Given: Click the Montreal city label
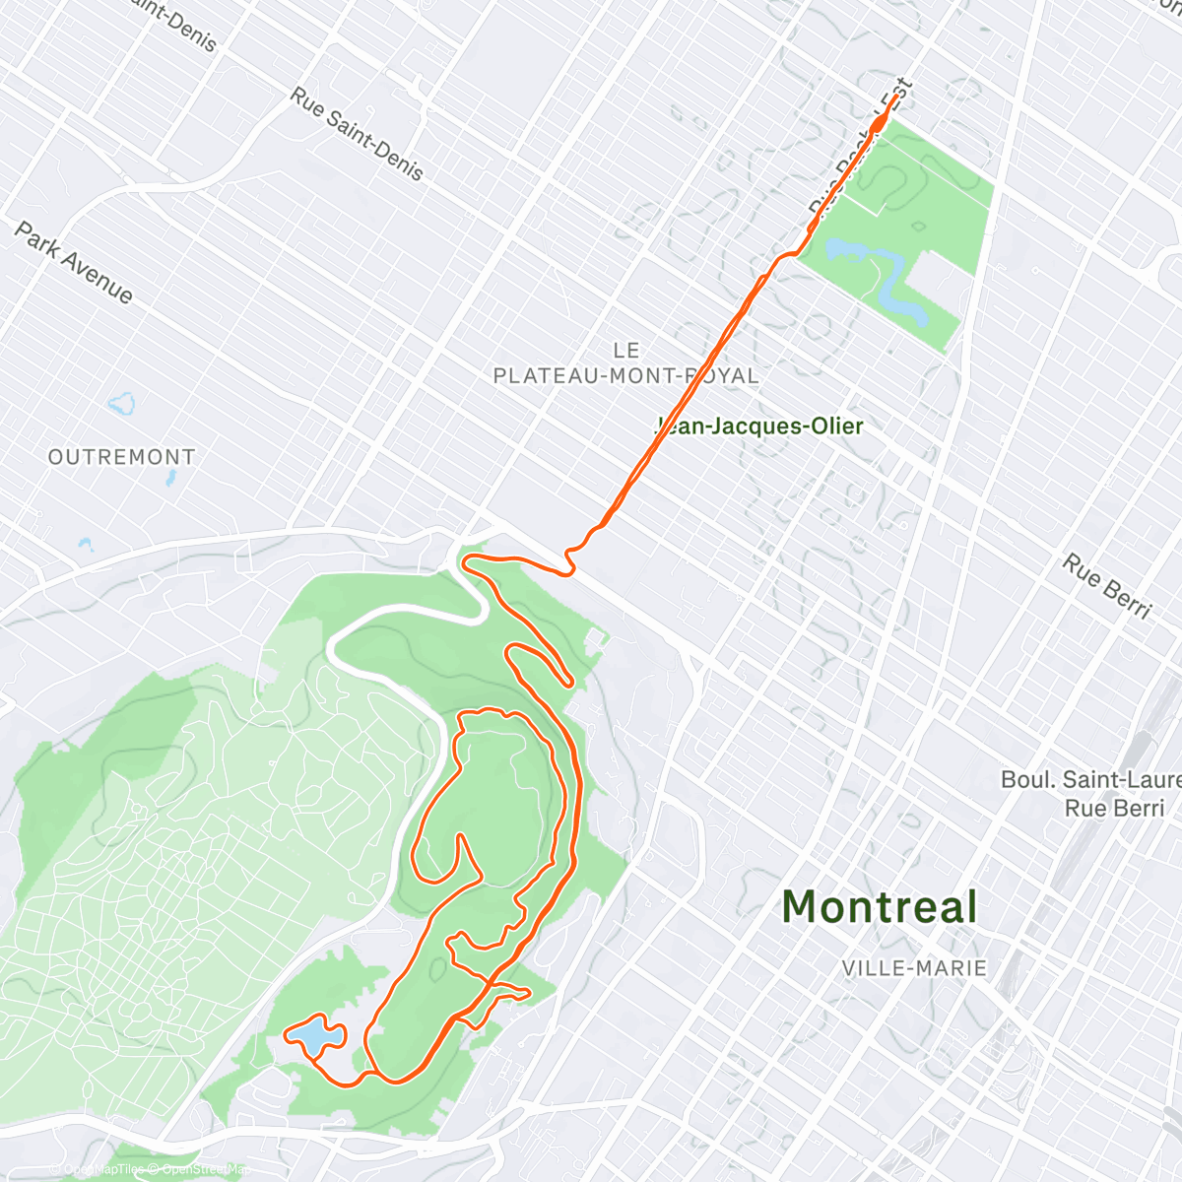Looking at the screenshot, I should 880,907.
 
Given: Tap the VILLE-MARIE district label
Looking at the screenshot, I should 914,968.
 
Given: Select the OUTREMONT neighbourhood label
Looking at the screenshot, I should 122,457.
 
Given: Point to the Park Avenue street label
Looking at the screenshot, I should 74,262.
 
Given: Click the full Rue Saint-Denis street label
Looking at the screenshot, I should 357,134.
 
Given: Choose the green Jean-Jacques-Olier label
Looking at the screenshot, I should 760,427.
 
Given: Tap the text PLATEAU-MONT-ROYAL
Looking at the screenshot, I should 625,375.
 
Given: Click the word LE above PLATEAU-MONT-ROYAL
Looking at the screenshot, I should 626,351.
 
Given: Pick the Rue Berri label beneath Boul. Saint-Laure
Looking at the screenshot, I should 1114,809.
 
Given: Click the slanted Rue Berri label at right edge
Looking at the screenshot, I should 1106,586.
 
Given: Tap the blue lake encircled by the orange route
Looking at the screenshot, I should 313,1037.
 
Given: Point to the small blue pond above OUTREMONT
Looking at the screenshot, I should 122,403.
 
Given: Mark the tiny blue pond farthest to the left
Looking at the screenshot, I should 85,544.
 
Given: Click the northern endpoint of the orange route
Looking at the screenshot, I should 894,98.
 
